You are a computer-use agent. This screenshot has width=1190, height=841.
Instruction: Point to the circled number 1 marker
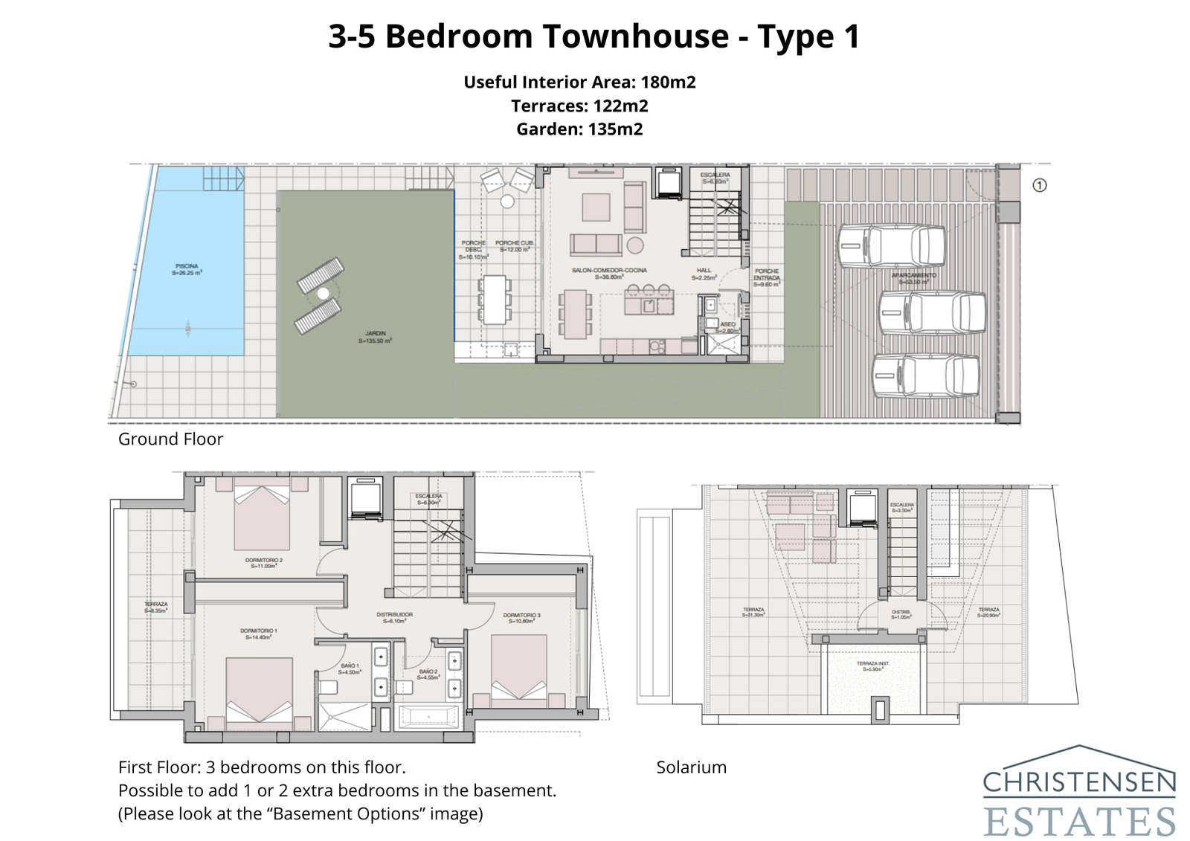[1040, 185]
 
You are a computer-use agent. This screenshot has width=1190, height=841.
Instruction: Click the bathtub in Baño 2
[429, 718]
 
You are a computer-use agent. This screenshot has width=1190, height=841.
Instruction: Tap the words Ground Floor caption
[170, 439]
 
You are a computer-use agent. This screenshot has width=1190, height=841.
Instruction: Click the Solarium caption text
[691, 767]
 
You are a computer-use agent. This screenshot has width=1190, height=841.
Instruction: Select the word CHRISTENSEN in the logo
[1079, 782]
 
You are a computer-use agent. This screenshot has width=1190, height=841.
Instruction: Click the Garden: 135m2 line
[579, 129]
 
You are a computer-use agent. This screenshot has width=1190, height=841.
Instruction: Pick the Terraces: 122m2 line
[579, 106]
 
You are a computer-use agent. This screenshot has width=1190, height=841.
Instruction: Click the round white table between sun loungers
[323, 294]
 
